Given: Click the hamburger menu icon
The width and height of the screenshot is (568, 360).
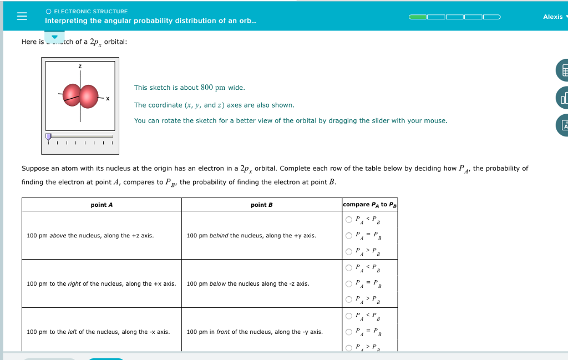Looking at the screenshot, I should pyautogui.click(x=22, y=16).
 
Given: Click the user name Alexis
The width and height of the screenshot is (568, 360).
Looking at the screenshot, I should pyautogui.click(x=552, y=17).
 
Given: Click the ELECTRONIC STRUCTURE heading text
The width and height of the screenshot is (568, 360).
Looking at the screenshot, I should pyautogui.click(x=90, y=11).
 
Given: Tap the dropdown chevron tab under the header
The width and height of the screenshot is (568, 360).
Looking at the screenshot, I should pyautogui.click(x=54, y=37).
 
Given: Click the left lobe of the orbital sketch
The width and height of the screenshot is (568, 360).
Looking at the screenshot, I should pyautogui.click(x=72, y=94).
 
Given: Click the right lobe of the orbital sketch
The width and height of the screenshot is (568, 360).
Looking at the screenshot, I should pyautogui.click(x=88, y=97).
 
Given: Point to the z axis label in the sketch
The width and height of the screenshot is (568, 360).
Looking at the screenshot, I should pyautogui.click(x=80, y=67).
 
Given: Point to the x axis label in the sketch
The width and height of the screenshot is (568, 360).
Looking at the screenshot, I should pyautogui.click(x=108, y=99).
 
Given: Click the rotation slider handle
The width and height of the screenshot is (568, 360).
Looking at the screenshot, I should pyautogui.click(x=48, y=136).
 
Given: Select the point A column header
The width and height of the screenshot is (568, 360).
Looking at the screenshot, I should pyautogui.click(x=102, y=205).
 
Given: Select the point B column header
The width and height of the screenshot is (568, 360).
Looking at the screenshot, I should pyautogui.click(x=261, y=205).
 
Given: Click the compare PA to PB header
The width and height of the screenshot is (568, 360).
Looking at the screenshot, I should pyautogui.click(x=369, y=205).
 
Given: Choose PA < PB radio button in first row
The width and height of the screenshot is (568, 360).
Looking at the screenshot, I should pyautogui.click(x=349, y=220).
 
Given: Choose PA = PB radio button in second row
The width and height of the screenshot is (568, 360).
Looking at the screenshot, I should pyautogui.click(x=349, y=284).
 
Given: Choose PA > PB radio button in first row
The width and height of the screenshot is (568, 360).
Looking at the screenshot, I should pyautogui.click(x=349, y=252).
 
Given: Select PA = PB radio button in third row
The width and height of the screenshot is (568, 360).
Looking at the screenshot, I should pyautogui.click(x=349, y=332).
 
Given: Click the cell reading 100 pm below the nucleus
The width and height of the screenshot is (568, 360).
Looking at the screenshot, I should pyautogui.click(x=248, y=284).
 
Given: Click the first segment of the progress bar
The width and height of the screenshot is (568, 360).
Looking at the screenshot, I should pyautogui.click(x=418, y=17).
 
